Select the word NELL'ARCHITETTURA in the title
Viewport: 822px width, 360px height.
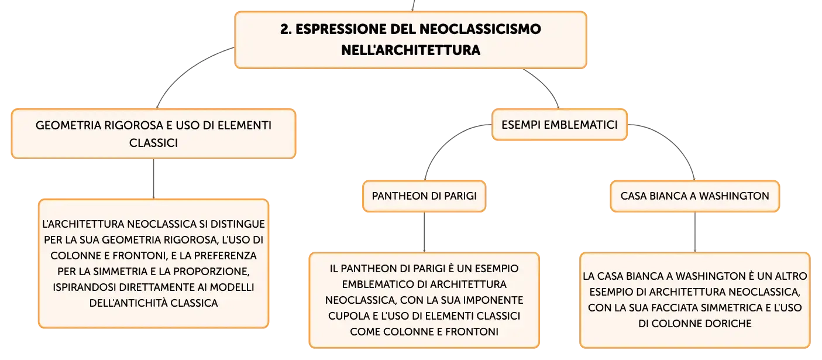411,50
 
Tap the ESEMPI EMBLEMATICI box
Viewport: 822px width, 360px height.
559,125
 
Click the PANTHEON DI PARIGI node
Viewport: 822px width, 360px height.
424,196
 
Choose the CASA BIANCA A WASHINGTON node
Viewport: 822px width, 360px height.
694,196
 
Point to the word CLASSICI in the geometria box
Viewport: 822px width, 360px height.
153,143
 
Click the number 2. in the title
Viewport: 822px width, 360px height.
286,29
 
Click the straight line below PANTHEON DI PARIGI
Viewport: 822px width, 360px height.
424,232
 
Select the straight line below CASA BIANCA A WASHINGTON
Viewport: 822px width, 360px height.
694,232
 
